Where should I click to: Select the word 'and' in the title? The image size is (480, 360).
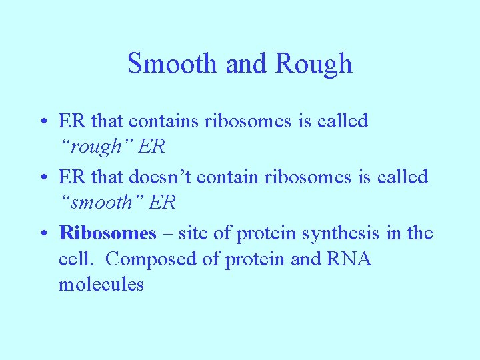click(x=245, y=64)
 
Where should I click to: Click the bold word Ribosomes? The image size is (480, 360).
click(x=107, y=233)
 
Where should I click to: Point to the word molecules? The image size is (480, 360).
click(x=101, y=284)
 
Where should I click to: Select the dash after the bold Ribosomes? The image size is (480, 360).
click(x=165, y=233)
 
